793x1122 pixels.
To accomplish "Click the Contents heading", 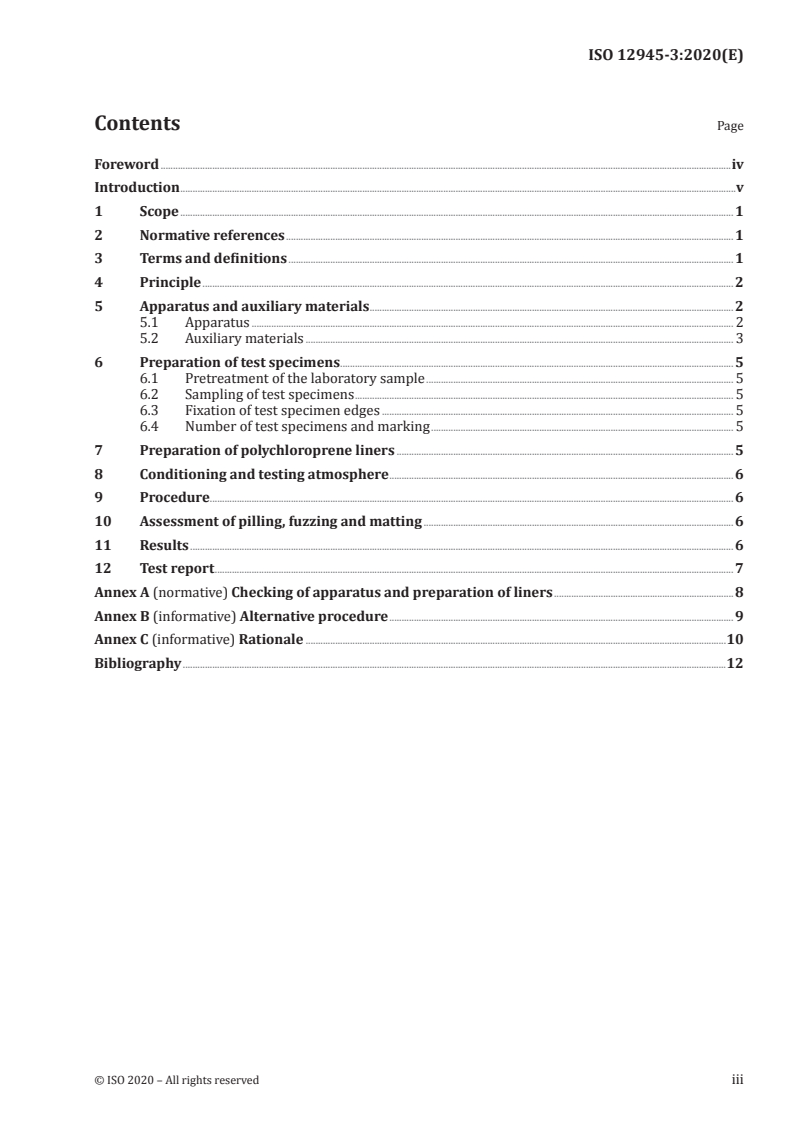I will point(137,125).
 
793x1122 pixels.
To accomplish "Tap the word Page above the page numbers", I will point(730,127).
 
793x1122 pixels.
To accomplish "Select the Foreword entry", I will point(126,164).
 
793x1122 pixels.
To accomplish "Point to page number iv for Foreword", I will point(737,164).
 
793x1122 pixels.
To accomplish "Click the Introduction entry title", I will point(137,188).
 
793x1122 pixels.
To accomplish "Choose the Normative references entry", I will point(212,236).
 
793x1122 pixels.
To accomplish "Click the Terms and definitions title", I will point(213,259).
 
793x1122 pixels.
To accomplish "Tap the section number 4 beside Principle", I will point(98,283).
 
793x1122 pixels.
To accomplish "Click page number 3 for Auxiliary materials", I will point(738,339).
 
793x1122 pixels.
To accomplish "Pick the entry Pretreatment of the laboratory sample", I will point(305,379).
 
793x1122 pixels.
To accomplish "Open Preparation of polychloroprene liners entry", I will point(267,451).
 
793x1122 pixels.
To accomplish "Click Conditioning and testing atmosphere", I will point(264,475).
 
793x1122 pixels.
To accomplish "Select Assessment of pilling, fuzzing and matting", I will point(281,522).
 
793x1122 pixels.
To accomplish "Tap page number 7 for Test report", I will point(738,569).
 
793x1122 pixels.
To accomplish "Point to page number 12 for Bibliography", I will point(734,664).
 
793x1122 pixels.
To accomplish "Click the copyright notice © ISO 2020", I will point(176,1080).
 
